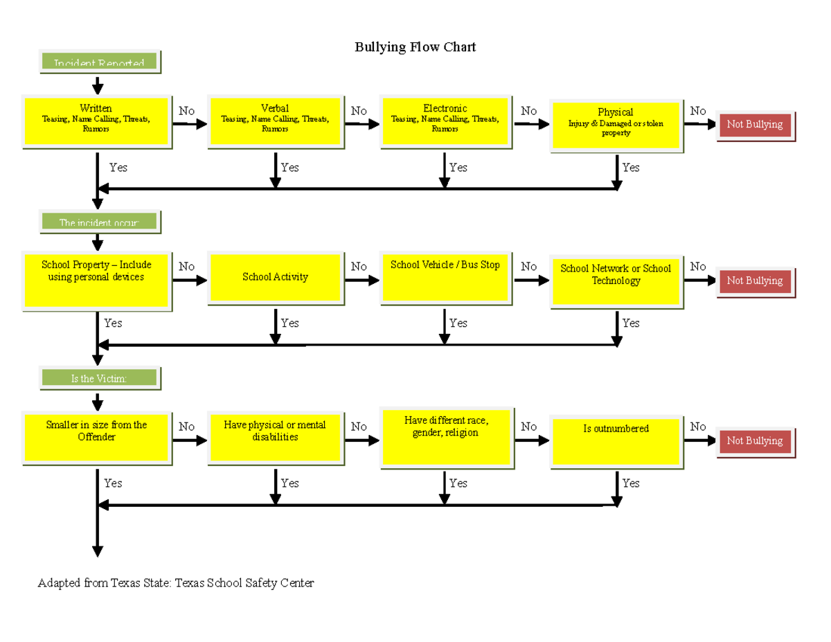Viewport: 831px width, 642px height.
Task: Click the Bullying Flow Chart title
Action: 415,47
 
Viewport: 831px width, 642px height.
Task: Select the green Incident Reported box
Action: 99,62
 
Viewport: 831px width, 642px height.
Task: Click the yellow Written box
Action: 96,121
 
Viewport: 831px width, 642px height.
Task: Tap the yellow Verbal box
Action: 275,121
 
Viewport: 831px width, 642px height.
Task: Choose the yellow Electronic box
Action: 445,121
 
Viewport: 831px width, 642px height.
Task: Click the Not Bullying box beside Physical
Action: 754,125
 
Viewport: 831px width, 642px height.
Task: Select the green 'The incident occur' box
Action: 99,222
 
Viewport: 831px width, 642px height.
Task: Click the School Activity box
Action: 275,277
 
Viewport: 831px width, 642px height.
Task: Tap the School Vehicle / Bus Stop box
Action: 445,277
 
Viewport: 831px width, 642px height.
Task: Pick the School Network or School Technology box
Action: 616,280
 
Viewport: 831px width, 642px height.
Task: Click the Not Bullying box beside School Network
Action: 754,281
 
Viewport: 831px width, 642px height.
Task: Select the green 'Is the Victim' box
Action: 99,378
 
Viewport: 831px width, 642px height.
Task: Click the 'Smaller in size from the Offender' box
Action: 96,438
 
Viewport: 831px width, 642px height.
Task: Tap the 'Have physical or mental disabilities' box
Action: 275,438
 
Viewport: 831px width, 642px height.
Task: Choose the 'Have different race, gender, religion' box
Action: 445,436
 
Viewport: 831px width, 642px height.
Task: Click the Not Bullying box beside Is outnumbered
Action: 754,441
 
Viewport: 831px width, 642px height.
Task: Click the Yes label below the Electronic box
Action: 458,168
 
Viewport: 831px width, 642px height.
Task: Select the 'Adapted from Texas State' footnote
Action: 176,583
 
